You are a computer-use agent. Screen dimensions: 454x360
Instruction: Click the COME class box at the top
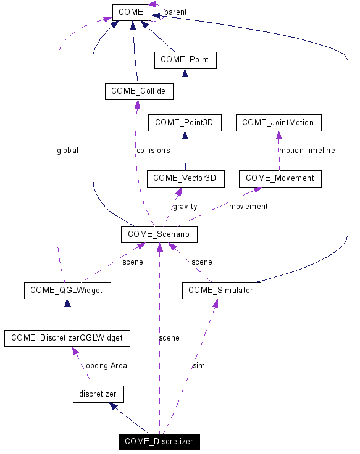point(131,12)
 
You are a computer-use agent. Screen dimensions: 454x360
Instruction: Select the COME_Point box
point(185,60)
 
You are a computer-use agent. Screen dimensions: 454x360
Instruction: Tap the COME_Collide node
point(138,91)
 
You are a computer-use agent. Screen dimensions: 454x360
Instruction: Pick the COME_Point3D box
point(184,122)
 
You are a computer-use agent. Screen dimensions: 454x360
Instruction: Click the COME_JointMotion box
point(278,122)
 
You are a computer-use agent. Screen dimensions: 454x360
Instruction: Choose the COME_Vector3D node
point(185,178)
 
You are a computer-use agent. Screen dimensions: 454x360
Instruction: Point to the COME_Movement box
point(280,178)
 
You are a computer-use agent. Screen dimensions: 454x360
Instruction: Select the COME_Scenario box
point(159,234)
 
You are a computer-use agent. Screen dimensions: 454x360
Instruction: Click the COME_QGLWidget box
point(67,291)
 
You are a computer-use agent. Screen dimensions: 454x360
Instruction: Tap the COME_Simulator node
point(221,291)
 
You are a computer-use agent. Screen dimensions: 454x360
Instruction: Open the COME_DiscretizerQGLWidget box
point(67,337)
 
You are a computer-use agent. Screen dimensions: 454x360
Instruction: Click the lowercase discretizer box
point(98,394)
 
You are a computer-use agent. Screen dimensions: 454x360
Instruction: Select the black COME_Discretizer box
point(159,441)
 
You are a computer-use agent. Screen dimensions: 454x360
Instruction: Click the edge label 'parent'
point(175,12)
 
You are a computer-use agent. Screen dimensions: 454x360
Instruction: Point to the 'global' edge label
point(67,150)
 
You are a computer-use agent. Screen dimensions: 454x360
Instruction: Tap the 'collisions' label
point(153,150)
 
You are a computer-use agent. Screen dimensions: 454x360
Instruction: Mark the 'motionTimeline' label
point(307,150)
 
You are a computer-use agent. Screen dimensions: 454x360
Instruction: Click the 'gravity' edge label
point(185,206)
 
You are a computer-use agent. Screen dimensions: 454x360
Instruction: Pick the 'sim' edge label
point(199,365)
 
